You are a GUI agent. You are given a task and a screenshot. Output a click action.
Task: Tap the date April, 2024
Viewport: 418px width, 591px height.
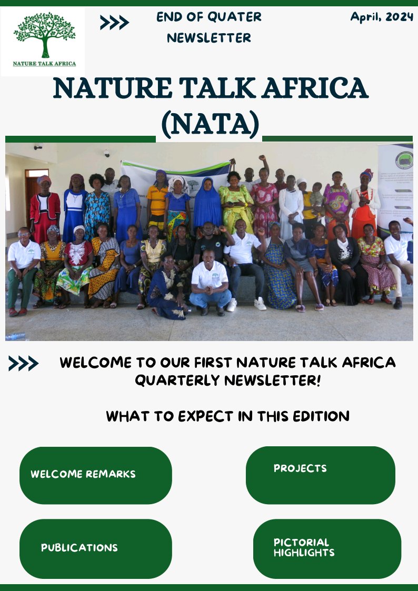[382, 17]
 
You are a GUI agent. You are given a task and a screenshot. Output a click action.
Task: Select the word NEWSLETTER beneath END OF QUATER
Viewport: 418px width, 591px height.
[209, 38]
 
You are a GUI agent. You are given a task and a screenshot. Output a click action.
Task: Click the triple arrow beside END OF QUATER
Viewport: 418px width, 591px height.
[114, 23]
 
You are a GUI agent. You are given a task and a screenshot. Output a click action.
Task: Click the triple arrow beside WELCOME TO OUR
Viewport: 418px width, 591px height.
[23, 363]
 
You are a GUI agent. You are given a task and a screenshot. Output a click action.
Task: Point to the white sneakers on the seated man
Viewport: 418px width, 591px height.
[246, 304]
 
